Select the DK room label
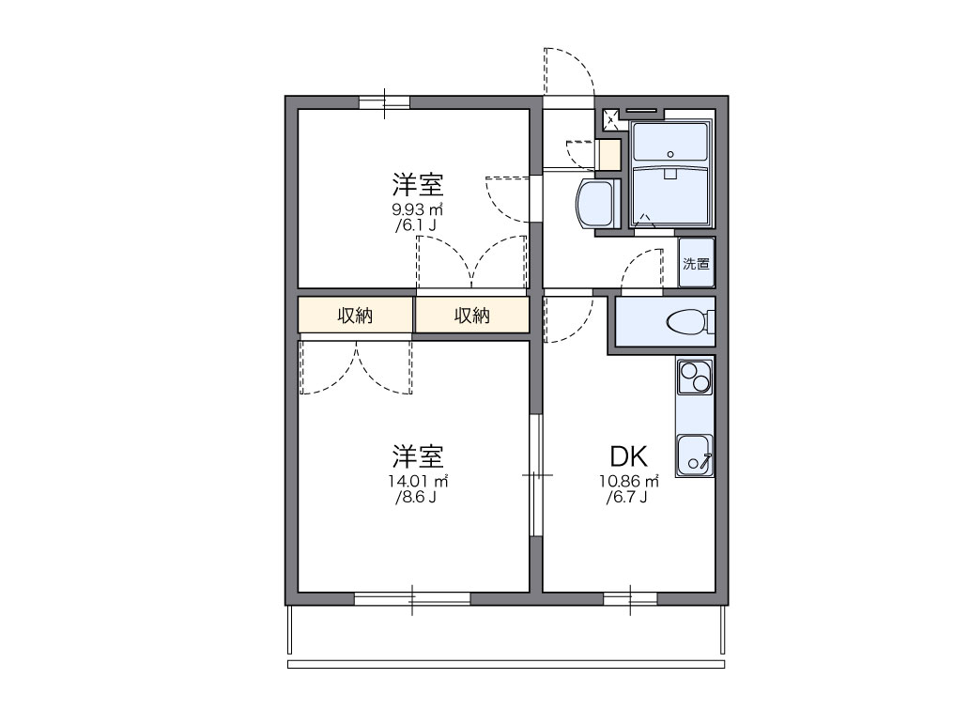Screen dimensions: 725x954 coord(628,457)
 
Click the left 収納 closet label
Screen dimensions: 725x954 coord(355,316)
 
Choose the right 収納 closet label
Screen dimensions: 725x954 coord(472,316)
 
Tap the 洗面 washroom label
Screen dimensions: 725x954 coord(696,264)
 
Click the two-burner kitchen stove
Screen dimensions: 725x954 coord(695,377)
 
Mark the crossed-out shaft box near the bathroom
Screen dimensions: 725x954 coord(610,118)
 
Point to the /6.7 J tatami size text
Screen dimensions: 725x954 coord(628,498)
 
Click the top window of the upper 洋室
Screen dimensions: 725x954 coord(385,101)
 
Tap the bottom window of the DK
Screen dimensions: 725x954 coord(630,598)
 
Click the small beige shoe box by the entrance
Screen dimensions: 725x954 coord(609,154)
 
